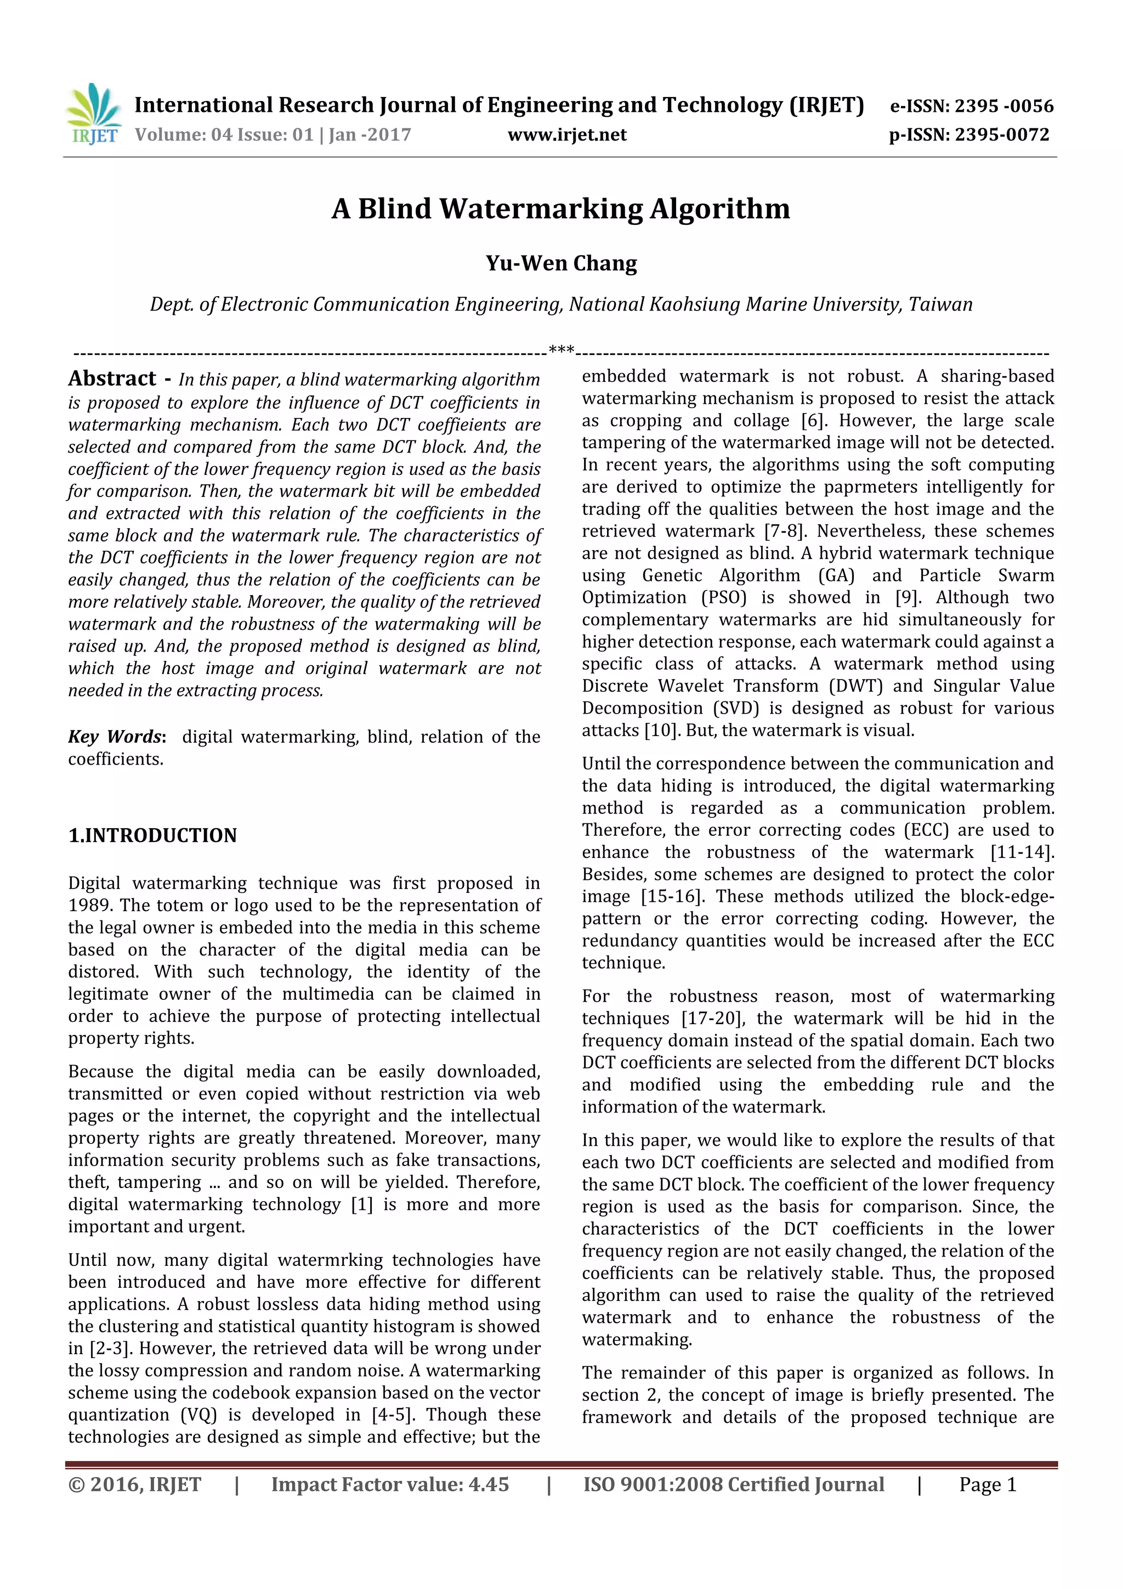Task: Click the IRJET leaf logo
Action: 93,114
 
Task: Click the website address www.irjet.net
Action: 566,135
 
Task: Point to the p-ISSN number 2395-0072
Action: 1002,135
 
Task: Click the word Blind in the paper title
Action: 394,208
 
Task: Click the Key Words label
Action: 116,737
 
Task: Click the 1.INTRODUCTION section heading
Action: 152,835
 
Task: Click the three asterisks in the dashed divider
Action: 561,350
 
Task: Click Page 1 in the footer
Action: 988,1484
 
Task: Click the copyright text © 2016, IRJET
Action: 134,1484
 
